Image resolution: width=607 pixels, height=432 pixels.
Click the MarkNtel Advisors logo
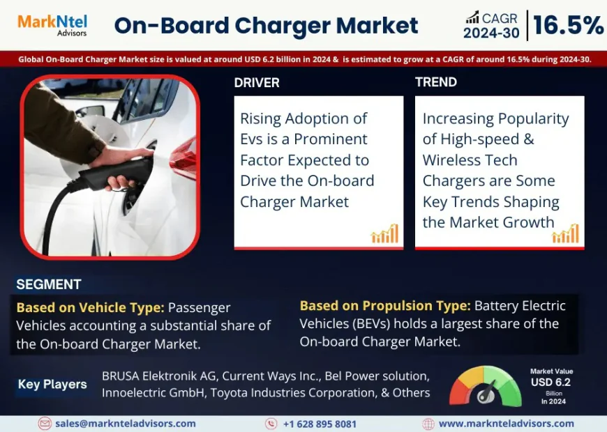coord(52,25)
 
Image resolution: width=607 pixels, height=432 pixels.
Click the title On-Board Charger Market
coord(266,26)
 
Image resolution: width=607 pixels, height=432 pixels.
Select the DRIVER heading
coord(257,83)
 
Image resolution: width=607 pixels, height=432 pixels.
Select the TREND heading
coord(436,82)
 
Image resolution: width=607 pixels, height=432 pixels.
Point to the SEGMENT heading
coord(49,284)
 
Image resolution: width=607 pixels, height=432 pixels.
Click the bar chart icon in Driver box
coord(384,234)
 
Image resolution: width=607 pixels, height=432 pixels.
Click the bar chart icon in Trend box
coord(565,234)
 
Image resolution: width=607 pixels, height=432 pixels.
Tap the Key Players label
coord(52,384)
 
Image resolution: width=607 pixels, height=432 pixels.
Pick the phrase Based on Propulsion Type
coord(385,305)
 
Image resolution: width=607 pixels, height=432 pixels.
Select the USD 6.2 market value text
coord(550,383)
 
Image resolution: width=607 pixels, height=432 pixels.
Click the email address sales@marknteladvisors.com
coord(126,424)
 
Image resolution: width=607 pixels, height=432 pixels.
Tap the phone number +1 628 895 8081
coord(320,424)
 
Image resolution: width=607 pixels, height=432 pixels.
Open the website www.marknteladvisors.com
coord(506,424)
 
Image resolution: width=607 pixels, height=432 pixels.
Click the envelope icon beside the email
coord(45,424)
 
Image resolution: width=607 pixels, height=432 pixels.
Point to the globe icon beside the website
coord(428,424)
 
